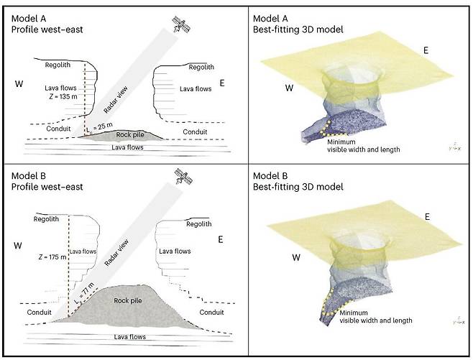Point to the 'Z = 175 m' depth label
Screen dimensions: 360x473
52,255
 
